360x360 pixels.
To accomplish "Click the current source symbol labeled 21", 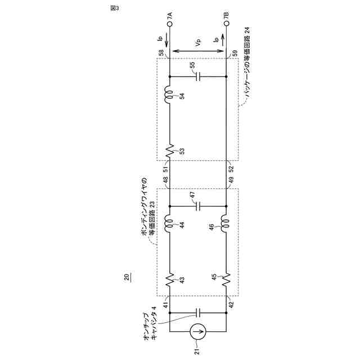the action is [198, 331].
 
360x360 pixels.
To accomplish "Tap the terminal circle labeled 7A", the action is [170, 24].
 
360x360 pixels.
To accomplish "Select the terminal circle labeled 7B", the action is [226, 24].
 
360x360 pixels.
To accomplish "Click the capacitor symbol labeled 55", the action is [198, 76].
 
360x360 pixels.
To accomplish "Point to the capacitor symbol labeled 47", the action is [198, 206].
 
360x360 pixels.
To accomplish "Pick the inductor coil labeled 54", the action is [169, 95].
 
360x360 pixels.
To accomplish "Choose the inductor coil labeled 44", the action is [169, 224].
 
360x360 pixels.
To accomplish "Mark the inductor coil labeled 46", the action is [226, 224].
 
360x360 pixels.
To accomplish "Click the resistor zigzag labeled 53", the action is [170, 151].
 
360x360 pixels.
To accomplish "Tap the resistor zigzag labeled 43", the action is [170, 280].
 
